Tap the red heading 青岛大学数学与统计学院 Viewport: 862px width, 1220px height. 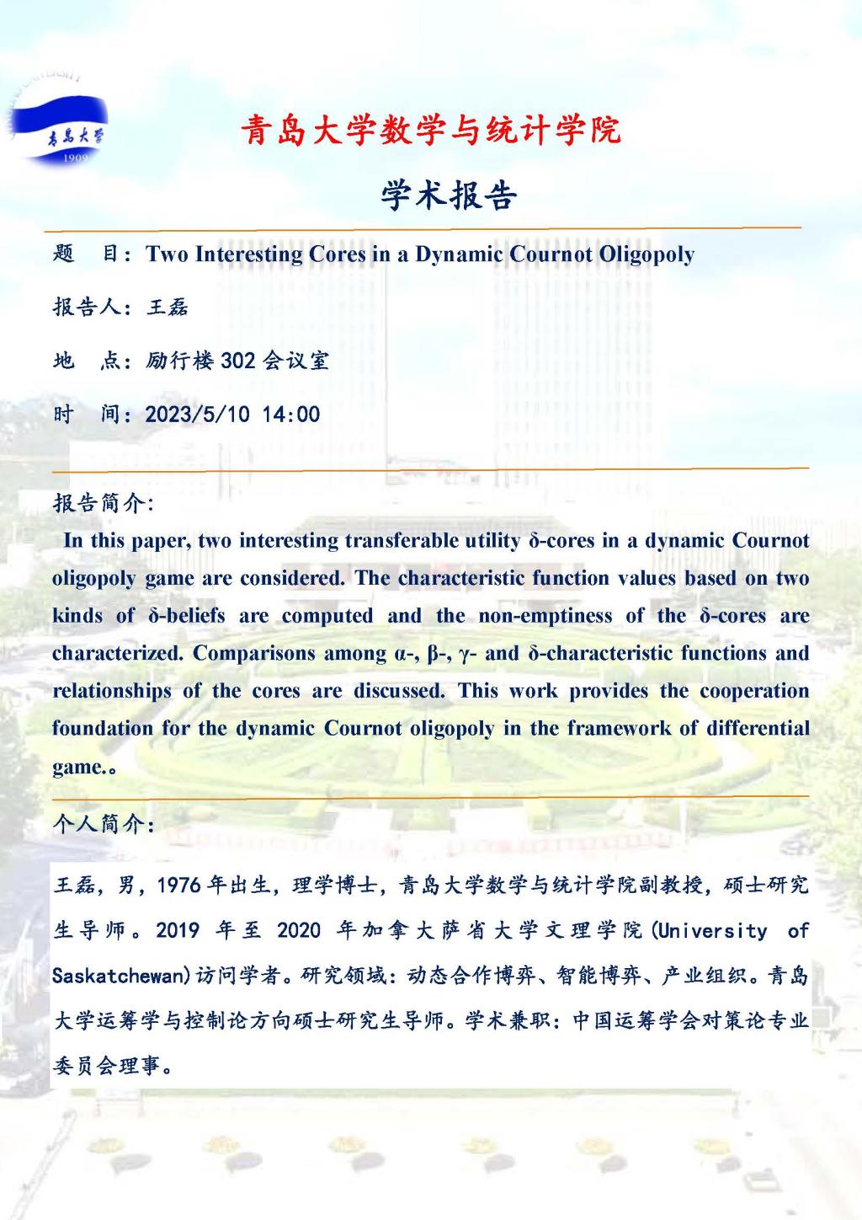pyautogui.click(x=430, y=131)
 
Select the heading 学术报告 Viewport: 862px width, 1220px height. pyautogui.click(x=449, y=195)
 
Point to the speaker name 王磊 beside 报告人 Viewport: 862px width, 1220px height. pyautogui.click(x=167, y=308)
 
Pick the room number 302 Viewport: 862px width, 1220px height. pyautogui.click(x=237, y=361)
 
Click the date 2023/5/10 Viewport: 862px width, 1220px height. pyautogui.click(x=198, y=415)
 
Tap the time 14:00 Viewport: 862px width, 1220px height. pyautogui.click(x=291, y=415)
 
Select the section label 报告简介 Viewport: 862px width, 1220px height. pyautogui.click(x=101, y=503)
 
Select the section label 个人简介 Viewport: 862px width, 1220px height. pyautogui.click(x=101, y=823)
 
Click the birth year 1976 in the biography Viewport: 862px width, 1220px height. pyautogui.click(x=178, y=885)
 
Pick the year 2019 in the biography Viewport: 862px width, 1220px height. pyautogui.click(x=178, y=930)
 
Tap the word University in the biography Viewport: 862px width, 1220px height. pyautogui.click(x=713, y=930)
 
